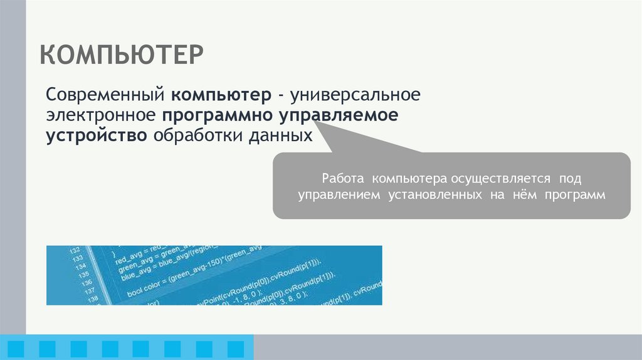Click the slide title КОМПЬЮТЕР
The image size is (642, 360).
(x=122, y=55)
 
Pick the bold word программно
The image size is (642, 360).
(x=220, y=116)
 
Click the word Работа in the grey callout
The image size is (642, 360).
(x=342, y=178)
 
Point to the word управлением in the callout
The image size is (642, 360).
(x=339, y=195)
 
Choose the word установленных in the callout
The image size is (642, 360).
(x=432, y=195)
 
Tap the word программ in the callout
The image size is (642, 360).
(x=575, y=195)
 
